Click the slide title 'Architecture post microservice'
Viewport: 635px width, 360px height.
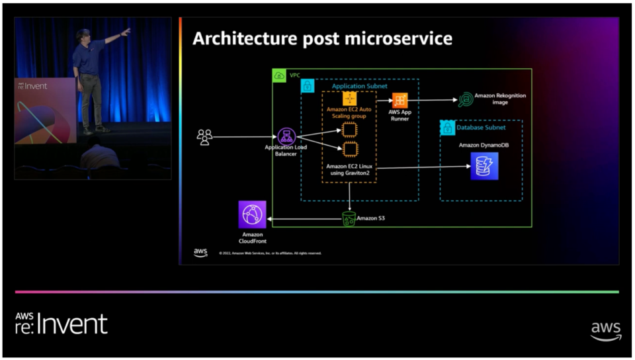click(322, 39)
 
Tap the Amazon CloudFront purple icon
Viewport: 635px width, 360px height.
click(252, 214)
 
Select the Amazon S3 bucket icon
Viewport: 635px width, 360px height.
click(349, 219)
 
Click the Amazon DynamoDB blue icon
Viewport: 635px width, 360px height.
click(484, 166)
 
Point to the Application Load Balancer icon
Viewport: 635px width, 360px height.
click(286, 137)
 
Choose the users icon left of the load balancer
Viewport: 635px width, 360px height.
click(205, 137)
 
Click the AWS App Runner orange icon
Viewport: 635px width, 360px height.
click(400, 101)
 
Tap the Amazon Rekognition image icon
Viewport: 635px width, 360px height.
click(466, 100)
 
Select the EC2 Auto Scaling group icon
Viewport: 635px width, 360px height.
click(349, 99)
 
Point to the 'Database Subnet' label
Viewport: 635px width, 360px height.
click(481, 127)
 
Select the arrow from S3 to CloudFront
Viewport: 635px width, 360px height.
click(304, 219)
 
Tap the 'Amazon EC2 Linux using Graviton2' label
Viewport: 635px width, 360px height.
click(348, 169)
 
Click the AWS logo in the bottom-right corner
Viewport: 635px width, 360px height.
click(605, 330)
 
